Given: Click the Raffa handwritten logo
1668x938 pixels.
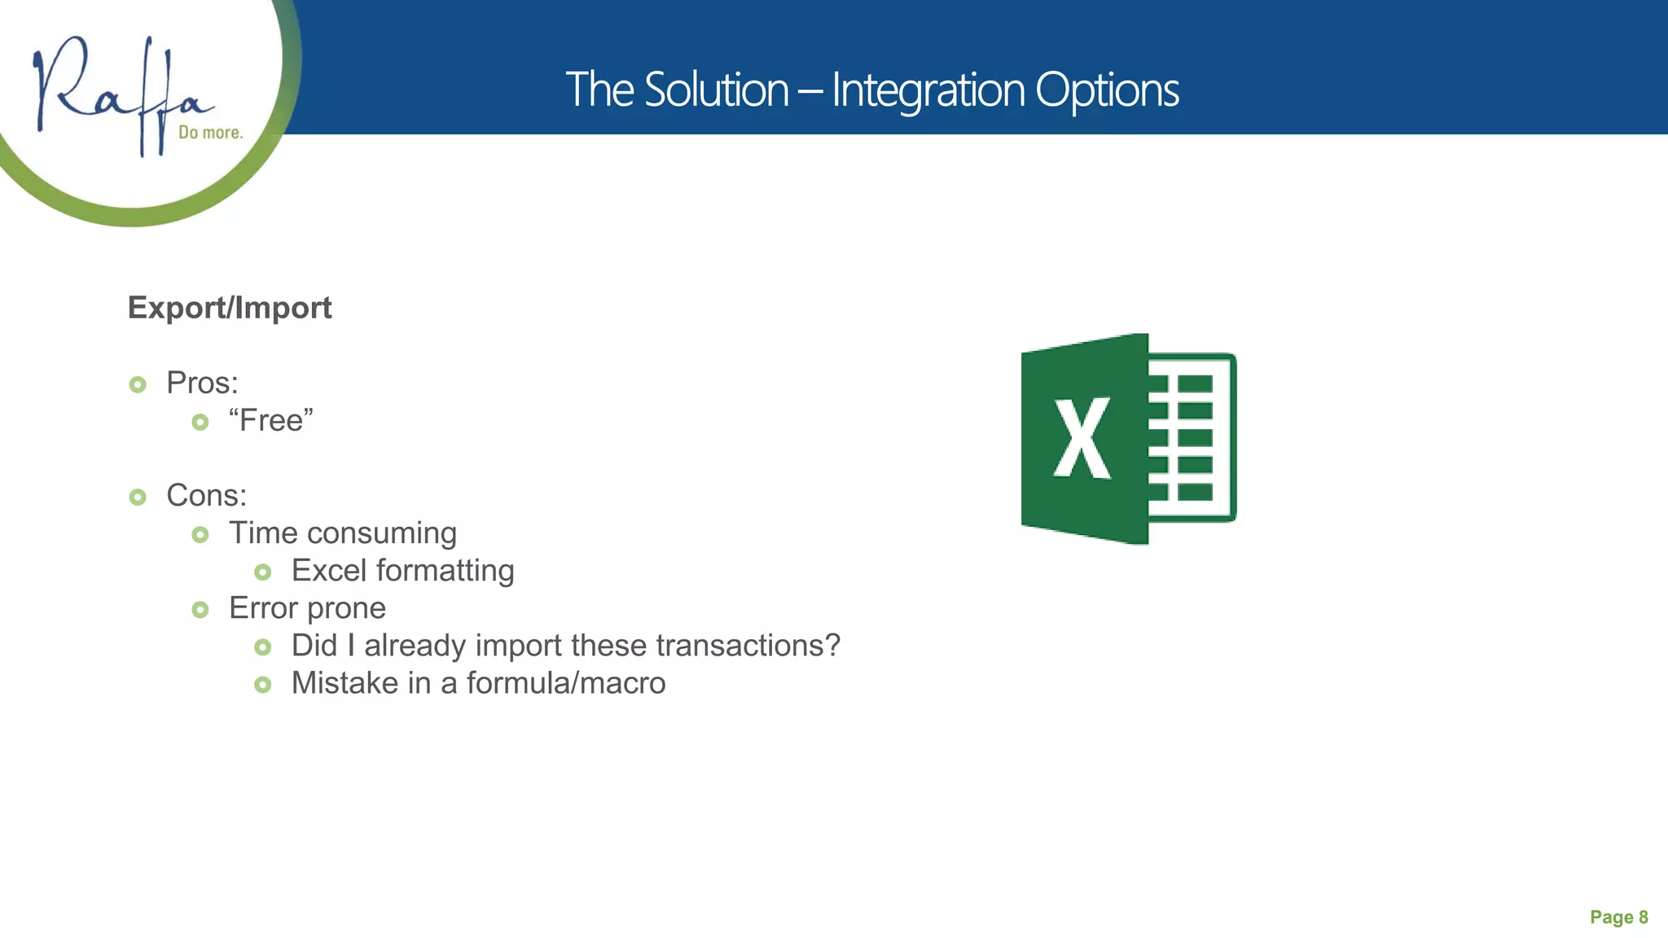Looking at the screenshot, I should [122, 94].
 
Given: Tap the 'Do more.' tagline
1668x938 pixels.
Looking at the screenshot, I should [211, 133].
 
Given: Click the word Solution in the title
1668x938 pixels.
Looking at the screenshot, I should [716, 90].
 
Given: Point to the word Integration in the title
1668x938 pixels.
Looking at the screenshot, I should [927, 90].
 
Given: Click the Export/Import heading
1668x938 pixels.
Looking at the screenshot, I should [230, 308].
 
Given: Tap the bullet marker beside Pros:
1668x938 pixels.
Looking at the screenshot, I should [138, 384].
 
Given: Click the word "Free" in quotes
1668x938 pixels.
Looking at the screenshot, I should [271, 421].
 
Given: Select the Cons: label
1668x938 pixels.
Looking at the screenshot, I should [206, 495].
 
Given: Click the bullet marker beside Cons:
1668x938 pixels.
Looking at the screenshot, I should [138, 497].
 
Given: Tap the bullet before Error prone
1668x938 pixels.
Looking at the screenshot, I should [200, 609].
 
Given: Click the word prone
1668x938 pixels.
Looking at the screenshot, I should [346, 608].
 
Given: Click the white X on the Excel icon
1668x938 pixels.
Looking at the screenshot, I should [1082, 438].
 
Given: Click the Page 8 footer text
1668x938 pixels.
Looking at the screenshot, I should [1618, 918].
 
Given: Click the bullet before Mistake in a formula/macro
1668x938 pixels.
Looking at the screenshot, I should [262, 685].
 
